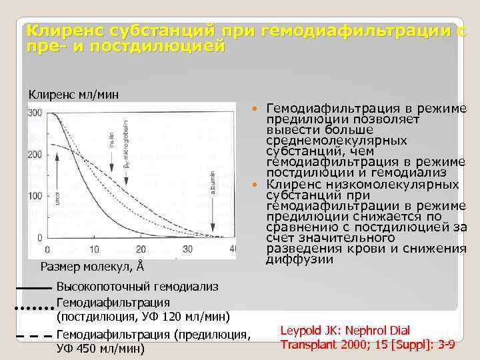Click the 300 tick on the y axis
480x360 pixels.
point(35,112)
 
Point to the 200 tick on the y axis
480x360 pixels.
point(35,154)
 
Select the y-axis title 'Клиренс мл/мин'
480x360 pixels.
point(73,94)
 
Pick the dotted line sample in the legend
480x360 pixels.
point(33,309)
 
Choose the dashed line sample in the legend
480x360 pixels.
point(33,336)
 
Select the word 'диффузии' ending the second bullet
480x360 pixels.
point(299,259)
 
